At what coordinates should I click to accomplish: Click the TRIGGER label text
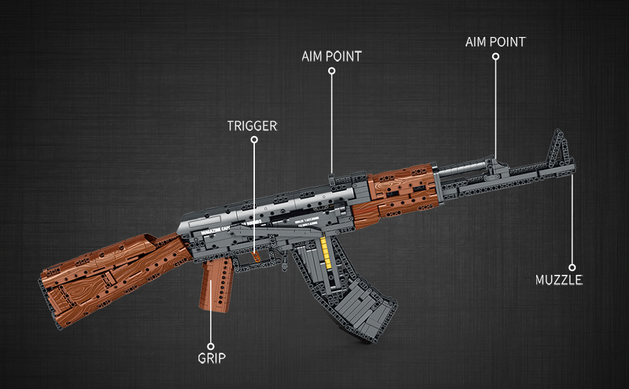[x=252, y=126]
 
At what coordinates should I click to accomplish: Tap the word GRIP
[x=212, y=357]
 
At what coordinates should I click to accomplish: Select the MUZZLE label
[x=559, y=280]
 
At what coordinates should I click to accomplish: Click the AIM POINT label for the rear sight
[x=331, y=56]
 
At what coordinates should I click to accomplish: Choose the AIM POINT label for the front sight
[x=495, y=42]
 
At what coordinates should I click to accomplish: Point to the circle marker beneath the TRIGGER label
[x=254, y=139]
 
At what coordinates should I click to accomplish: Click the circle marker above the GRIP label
[x=210, y=346]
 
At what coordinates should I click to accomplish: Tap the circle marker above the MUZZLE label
[x=572, y=267]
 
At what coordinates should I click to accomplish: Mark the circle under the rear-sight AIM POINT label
[x=331, y=71]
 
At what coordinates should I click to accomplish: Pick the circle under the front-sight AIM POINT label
[x=495, y=56]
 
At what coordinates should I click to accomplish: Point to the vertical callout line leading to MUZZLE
[x=572, y=220]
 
